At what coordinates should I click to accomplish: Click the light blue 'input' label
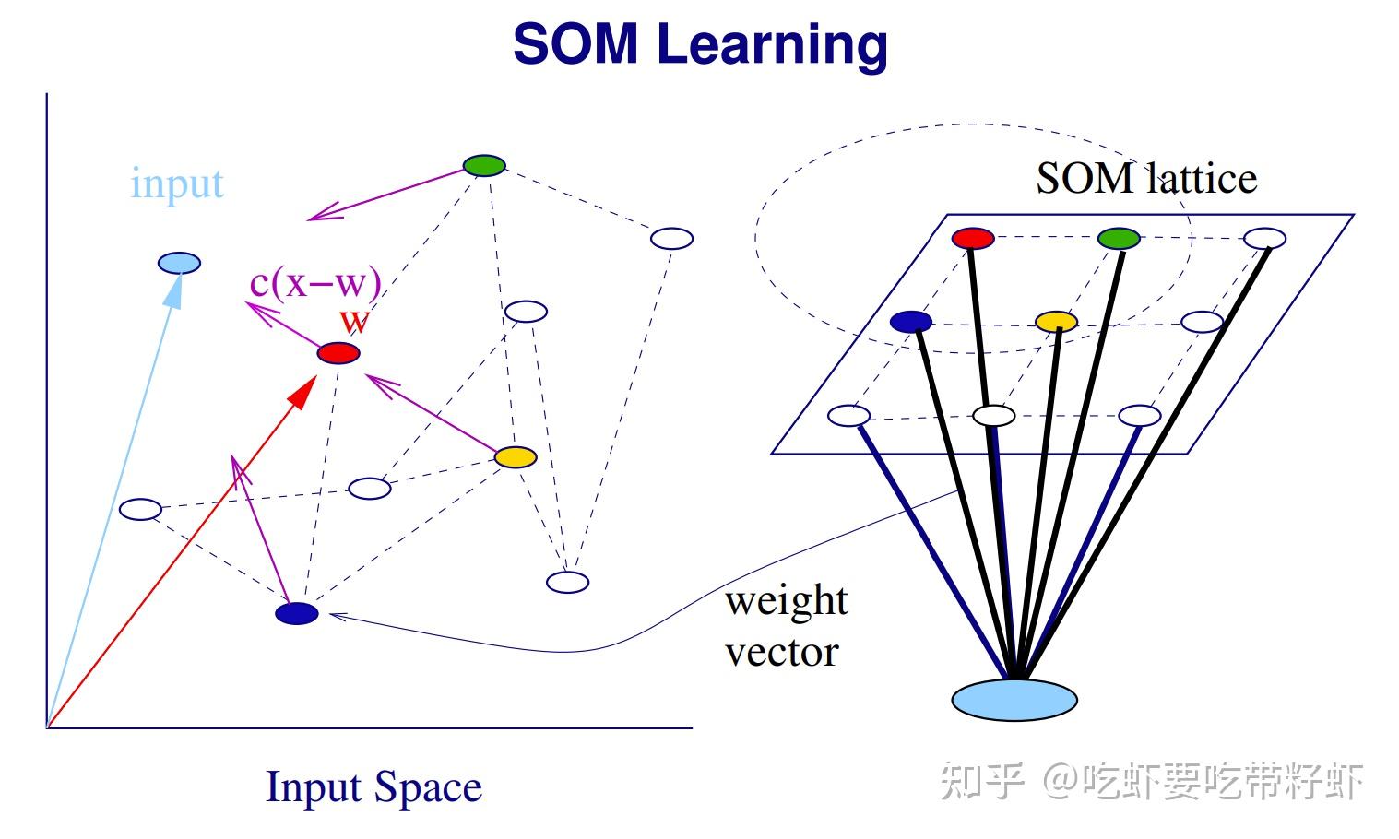coord(177,183)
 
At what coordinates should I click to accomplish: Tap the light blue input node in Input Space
coord(179,263)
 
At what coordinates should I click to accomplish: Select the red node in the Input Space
coord(338,353)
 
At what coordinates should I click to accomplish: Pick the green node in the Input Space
coord(484,166)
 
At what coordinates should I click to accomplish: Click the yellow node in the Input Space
coord(516,456)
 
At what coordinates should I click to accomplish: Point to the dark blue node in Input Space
coord(297,613)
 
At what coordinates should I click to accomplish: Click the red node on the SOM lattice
coord(973,239)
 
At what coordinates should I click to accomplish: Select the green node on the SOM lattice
coord(1119,239)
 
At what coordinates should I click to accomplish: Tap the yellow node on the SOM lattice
coord(1056,322)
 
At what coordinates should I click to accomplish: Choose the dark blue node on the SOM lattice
coord(911,322)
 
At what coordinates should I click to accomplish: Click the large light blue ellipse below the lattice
coord(1014,700)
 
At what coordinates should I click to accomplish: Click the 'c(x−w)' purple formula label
coord(315,282)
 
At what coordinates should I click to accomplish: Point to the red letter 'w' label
coord(354,321)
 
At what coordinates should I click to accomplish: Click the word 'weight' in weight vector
coord(786,601)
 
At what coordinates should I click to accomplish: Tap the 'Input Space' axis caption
coord(373,787)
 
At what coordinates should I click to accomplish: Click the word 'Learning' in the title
coord(773,44)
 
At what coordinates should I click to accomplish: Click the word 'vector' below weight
coord(782,653)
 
